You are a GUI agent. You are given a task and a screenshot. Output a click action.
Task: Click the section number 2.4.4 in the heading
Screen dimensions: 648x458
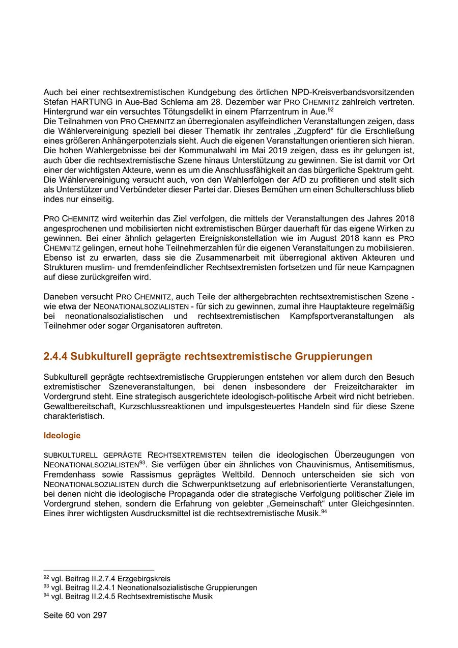(55, 356)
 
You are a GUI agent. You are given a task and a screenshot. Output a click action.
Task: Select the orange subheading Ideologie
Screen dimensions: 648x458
(62, 436)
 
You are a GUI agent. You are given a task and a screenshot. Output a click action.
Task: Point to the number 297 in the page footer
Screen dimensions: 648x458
(99, 615)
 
